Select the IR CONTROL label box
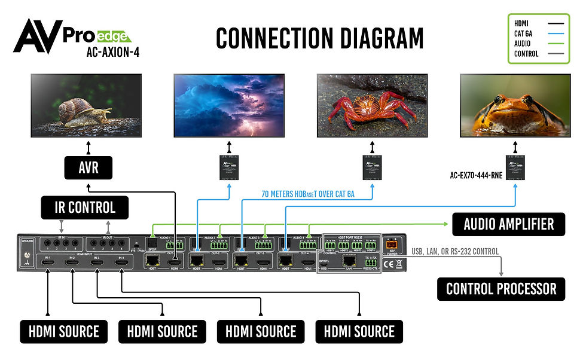[x=84, y=208]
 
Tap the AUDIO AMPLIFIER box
[x=508, y=224]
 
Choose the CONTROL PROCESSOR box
[x=501, y=289]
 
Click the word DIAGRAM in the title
[x=366, y=38]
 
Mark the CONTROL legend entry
[x=527, y=53]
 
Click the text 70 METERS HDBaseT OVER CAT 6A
[x=308, y=194]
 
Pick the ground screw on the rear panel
[x=26, y=262]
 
